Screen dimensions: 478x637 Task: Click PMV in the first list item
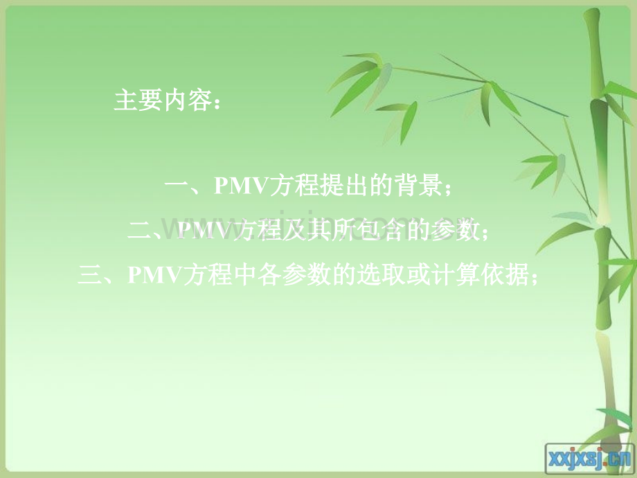237,186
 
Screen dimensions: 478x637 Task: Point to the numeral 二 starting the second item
141,231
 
